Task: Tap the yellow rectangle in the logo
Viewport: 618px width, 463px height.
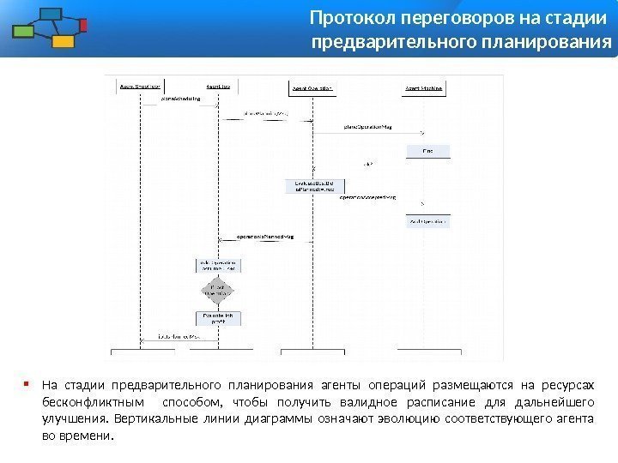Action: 63,40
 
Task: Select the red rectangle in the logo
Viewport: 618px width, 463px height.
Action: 83,26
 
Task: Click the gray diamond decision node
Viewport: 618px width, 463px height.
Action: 218,290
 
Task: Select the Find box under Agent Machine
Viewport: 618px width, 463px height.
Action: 427,152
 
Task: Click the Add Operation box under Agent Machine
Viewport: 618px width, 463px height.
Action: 427,221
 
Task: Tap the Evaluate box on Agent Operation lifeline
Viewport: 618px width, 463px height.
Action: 314,185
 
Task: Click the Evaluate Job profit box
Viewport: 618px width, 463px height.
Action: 218,319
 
